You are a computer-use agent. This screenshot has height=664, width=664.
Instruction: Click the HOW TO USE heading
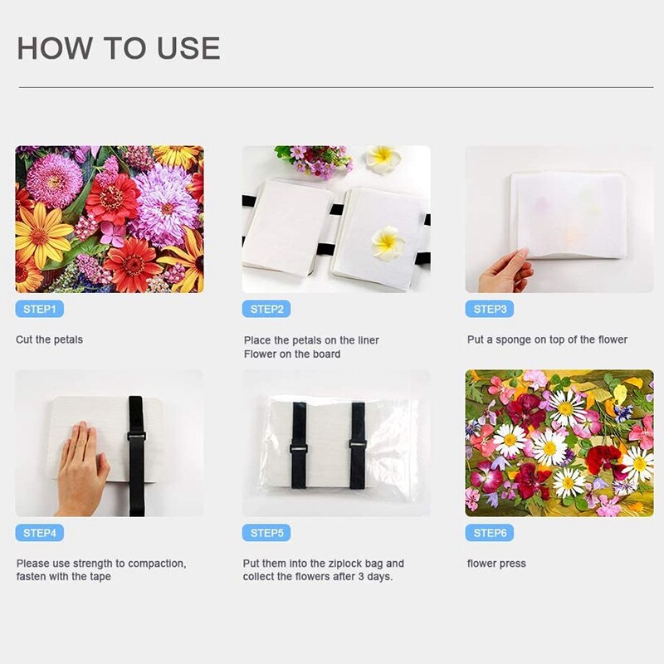119,48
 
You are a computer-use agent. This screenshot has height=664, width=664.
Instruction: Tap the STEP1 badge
39,310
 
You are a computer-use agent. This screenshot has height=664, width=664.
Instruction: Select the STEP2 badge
266,310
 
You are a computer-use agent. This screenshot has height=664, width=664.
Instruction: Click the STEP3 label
490,310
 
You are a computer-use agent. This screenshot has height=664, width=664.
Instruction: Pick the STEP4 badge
39,533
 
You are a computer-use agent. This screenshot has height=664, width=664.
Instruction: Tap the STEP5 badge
266,533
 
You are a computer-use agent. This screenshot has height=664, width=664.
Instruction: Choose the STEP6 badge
490,533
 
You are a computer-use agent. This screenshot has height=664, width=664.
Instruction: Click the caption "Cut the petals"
50,339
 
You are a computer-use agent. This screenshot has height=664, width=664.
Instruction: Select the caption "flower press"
496,564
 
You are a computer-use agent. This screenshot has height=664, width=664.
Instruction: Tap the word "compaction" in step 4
159,564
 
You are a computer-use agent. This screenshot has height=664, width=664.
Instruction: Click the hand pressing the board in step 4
81,469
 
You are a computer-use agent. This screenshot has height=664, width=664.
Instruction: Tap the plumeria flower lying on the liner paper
388,242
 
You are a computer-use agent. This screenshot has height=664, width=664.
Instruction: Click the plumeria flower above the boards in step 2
383,157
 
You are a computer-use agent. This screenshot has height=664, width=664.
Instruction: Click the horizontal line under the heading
332,86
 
